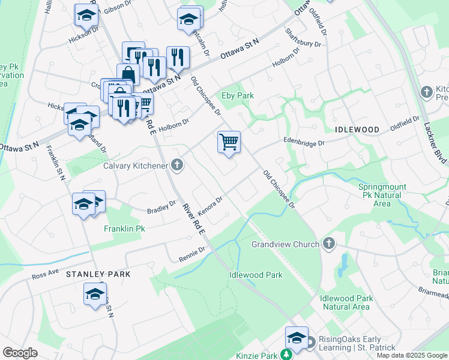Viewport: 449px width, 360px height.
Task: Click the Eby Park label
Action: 238,95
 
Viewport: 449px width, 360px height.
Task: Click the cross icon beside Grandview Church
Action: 328,244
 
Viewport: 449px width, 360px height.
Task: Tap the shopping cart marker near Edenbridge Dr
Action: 229,143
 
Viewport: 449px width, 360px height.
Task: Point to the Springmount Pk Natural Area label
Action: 383,195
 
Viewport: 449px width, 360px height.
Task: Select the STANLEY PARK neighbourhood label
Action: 98,274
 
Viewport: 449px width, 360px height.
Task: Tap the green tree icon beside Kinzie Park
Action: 286,356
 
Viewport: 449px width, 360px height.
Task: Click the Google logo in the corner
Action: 20,353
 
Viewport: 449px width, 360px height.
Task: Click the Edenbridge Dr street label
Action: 304,143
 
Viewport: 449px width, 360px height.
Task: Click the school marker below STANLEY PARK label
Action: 95,295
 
